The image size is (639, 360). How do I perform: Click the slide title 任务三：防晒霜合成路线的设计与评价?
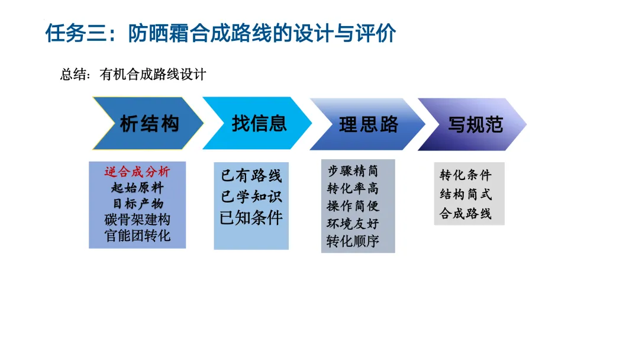(220, 34)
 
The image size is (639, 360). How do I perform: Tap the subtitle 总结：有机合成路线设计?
(133, 75)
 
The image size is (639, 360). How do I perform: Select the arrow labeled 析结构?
(149, 124)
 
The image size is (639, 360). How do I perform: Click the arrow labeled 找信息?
(259, 123)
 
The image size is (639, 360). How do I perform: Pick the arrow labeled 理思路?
(368, 124)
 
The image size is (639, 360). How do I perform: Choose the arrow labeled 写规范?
(475, 124)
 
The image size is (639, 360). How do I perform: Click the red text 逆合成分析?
(137, 172)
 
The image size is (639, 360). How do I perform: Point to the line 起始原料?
(137, 188)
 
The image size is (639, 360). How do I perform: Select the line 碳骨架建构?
(137, 220)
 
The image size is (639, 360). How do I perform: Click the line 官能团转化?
(137, 235)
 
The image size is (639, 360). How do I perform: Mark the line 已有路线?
(251, 176)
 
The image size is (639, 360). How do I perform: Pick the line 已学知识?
(251, 197)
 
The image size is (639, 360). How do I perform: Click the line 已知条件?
(251, 217)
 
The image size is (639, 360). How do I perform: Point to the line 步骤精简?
(353, 171)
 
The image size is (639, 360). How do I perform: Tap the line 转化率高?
(353, 189)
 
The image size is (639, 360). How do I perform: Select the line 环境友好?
(353, 224)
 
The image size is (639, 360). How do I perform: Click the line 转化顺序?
(353, 242)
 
